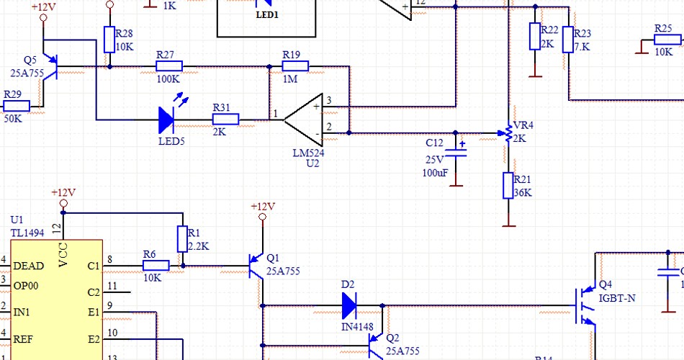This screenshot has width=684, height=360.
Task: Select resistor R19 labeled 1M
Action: click(294, 67)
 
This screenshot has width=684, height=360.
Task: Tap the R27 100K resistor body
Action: click(169, 67)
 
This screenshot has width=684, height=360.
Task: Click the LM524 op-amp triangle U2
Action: click(302, 120)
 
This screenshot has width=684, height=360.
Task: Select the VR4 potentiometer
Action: click(508, 133)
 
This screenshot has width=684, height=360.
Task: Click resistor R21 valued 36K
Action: click(508, 186)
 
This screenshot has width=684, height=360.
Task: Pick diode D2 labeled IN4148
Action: click(349, 306)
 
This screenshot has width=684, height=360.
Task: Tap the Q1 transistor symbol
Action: click(256, 266)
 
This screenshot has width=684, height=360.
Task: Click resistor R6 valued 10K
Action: click(156, 266)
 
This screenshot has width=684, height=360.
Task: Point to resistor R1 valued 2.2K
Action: click(181, 239)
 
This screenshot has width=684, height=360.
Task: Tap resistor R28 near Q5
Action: click(109, 40)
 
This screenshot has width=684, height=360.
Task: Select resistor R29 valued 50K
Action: click(17, 107)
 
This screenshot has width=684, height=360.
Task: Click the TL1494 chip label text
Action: click(27, 233)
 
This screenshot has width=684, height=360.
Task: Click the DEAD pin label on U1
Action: click(29, 266)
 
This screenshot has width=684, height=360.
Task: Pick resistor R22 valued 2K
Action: click(535, 36)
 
